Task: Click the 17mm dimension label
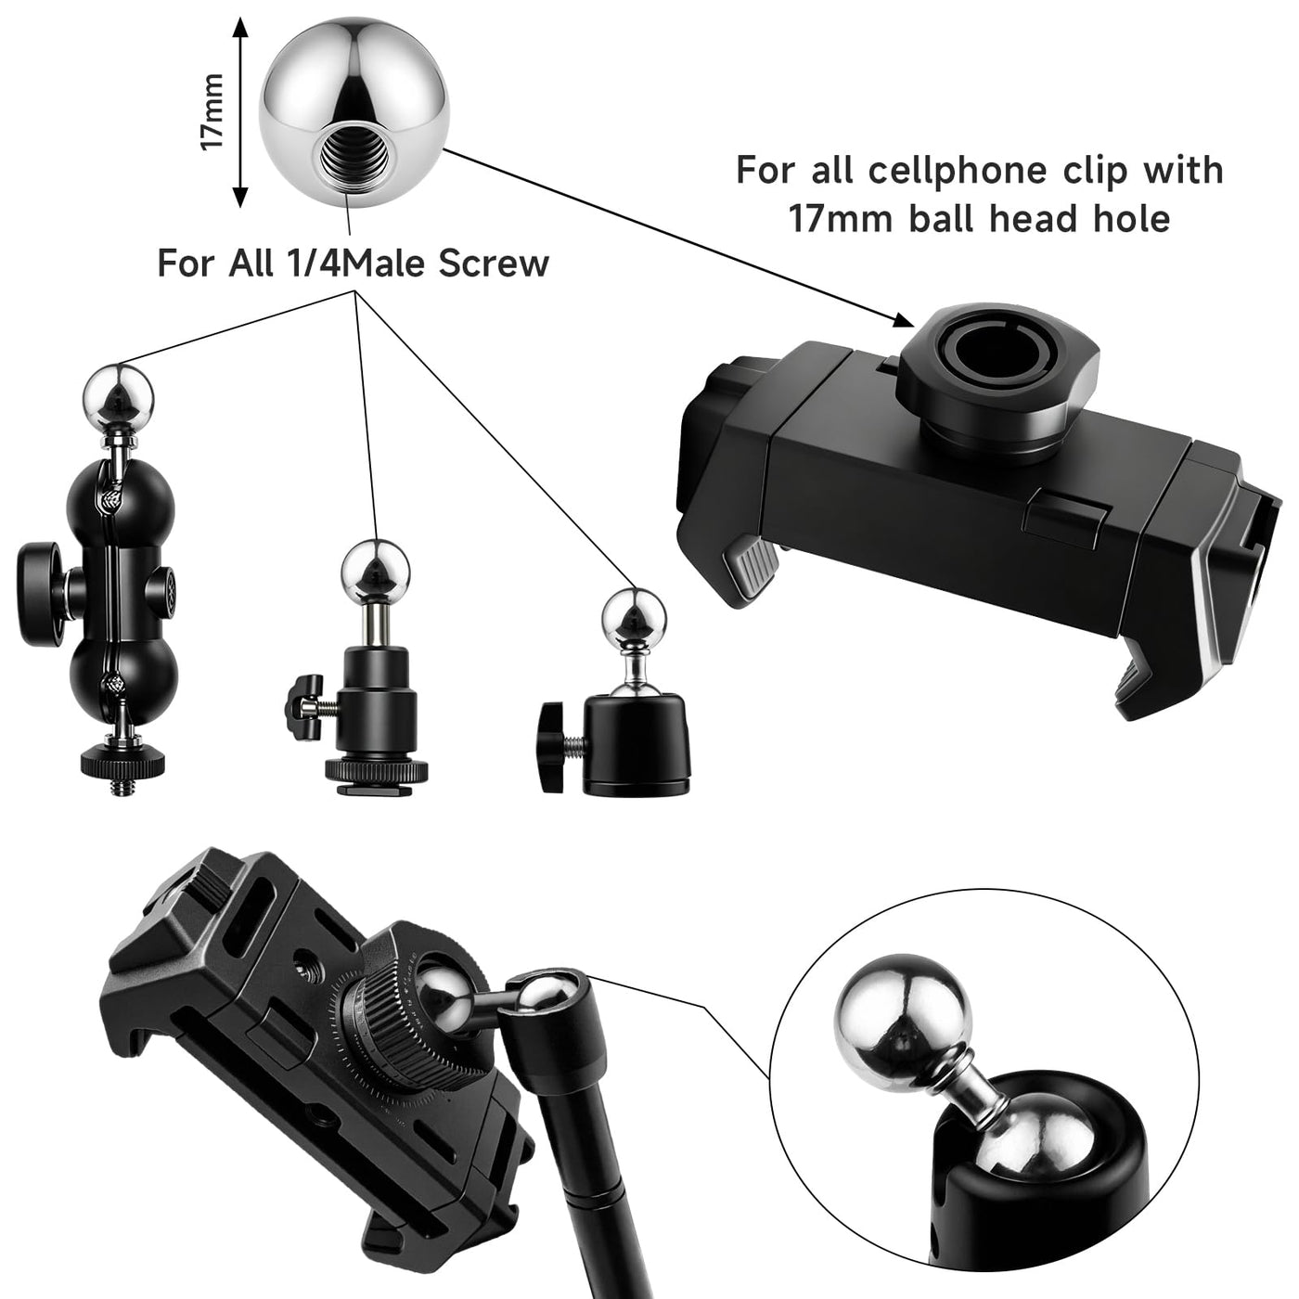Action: tap(212, 112)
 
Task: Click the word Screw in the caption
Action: tap(495, 264)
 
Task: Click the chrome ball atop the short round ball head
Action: tap(634, 620)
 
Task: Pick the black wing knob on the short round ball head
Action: tap(553, 746)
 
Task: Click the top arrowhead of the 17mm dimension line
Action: tap(240, 27)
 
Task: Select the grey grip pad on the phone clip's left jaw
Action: tap(751, 566)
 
